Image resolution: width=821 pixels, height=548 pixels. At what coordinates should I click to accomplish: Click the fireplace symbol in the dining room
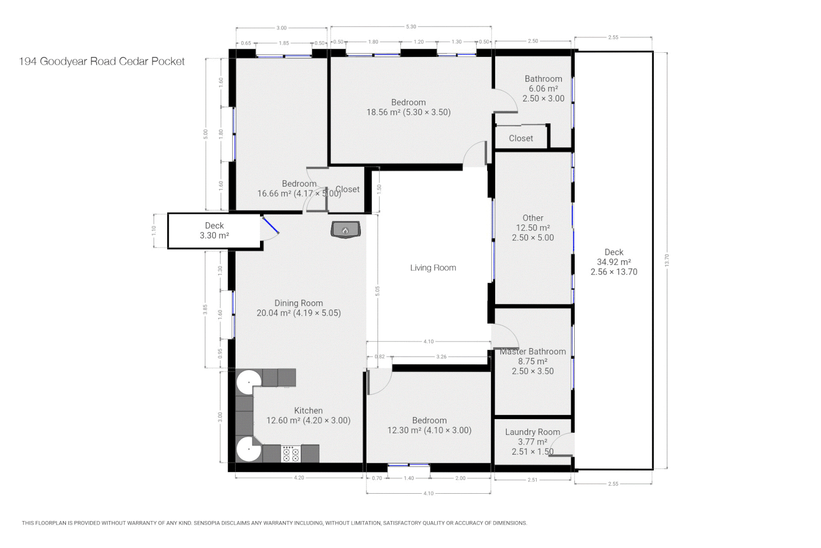(x=345, y=229)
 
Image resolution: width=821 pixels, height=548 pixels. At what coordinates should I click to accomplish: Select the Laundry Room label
(x=532, y=432)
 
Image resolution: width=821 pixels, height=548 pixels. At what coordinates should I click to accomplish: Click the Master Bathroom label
(x=532, y=352)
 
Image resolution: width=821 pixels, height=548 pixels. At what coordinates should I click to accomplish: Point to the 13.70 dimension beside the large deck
(x=667, y=260)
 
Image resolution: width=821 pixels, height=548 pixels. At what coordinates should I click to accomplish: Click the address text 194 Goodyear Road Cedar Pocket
(x=102, y=61)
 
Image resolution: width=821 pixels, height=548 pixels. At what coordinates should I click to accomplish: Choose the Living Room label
(x=433, y=268)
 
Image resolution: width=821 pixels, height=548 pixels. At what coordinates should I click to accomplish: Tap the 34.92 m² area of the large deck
(x=613, y=262)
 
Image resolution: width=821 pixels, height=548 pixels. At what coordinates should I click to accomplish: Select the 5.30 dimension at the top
(x=411, y=27)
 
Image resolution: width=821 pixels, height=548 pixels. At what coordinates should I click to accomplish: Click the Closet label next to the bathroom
(x=520, y=139)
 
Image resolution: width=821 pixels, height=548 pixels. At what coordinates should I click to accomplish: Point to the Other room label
(x=533, y=218)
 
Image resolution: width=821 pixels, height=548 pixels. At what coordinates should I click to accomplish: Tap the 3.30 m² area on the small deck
(x=214, y=235)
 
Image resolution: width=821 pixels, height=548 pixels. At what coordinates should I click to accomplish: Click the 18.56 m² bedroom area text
(x=408, y=113)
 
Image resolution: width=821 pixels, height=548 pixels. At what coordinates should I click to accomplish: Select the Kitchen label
(x=308, y=411)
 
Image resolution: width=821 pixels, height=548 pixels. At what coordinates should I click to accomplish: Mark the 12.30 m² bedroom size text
(x=429, y=431)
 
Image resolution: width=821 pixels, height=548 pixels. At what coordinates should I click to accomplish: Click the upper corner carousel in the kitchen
(x=249, y=381)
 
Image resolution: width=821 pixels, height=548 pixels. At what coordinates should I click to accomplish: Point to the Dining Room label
(x=298, y=303)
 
